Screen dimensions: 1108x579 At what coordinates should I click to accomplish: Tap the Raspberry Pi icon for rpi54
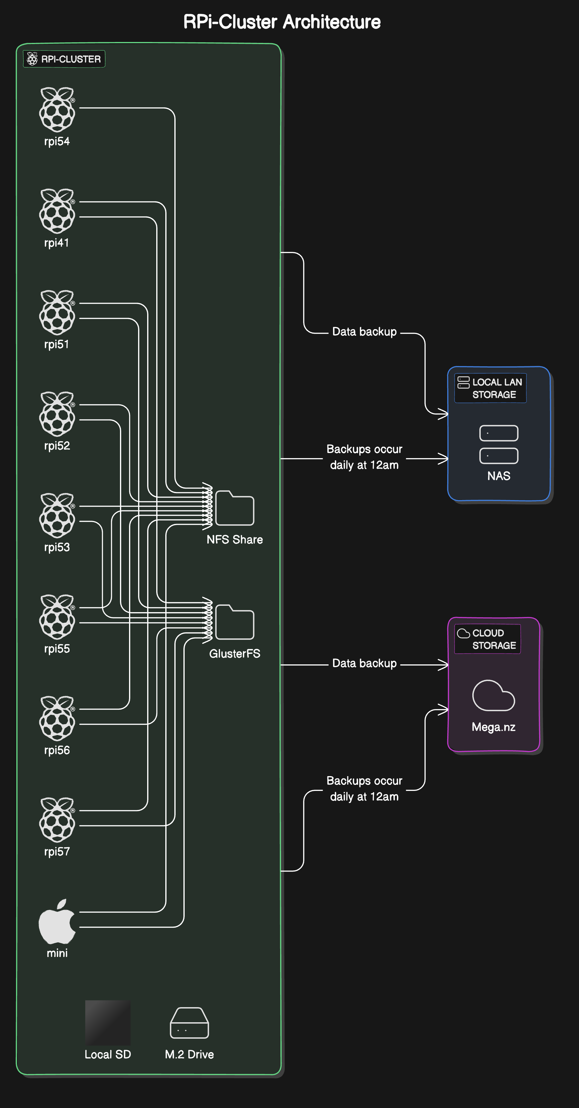tap(57, 110)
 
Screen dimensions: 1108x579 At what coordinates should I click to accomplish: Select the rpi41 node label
tap(57, 242)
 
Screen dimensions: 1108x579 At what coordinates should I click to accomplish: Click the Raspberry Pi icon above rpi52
tap(57, 414)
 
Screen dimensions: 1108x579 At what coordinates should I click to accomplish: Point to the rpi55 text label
tap(57, 649)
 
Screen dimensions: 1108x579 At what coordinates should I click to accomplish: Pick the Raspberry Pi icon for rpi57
tap(57, 820)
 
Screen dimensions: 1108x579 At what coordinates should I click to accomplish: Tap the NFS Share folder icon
tap(235, 509)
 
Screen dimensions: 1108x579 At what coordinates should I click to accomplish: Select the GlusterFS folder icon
tap(235, 622)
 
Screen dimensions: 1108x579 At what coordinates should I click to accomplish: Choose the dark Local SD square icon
tap(108, 1023)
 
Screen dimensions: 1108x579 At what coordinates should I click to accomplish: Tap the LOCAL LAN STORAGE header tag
tap(490, 388)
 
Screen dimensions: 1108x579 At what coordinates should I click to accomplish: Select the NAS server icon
tap(499, 444)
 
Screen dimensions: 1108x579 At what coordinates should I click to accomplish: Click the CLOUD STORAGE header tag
tap(487, 639)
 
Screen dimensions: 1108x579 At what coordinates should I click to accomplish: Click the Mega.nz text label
tap(493, 727)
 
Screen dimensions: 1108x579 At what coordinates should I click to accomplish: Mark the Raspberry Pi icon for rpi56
tap(57, 718)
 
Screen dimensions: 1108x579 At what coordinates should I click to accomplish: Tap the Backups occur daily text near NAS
tap(364, 457)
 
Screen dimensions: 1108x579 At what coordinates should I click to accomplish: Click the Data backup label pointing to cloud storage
tap(364, 663)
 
